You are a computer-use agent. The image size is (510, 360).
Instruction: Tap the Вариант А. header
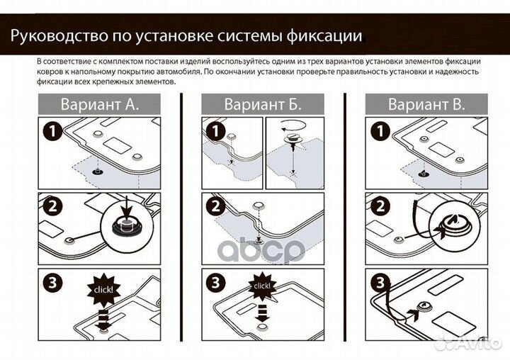point(98,105)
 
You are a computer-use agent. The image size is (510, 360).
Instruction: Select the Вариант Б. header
point(262,105)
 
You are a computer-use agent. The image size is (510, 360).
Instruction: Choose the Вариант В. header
point(426,105)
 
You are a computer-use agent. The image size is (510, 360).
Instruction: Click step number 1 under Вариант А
point(50,131)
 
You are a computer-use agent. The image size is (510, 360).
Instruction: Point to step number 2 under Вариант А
point(50,206)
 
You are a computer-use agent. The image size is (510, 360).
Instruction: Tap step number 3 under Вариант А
point(50,282)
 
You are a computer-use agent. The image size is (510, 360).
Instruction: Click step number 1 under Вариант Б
point(215,131)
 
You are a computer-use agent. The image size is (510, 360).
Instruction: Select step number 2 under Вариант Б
point(215,206)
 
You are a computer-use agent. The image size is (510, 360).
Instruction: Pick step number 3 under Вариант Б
point(215,282)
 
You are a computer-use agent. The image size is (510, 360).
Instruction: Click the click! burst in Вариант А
point(103,290)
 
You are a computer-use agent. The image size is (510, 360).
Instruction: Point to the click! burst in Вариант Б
point(262,286)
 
